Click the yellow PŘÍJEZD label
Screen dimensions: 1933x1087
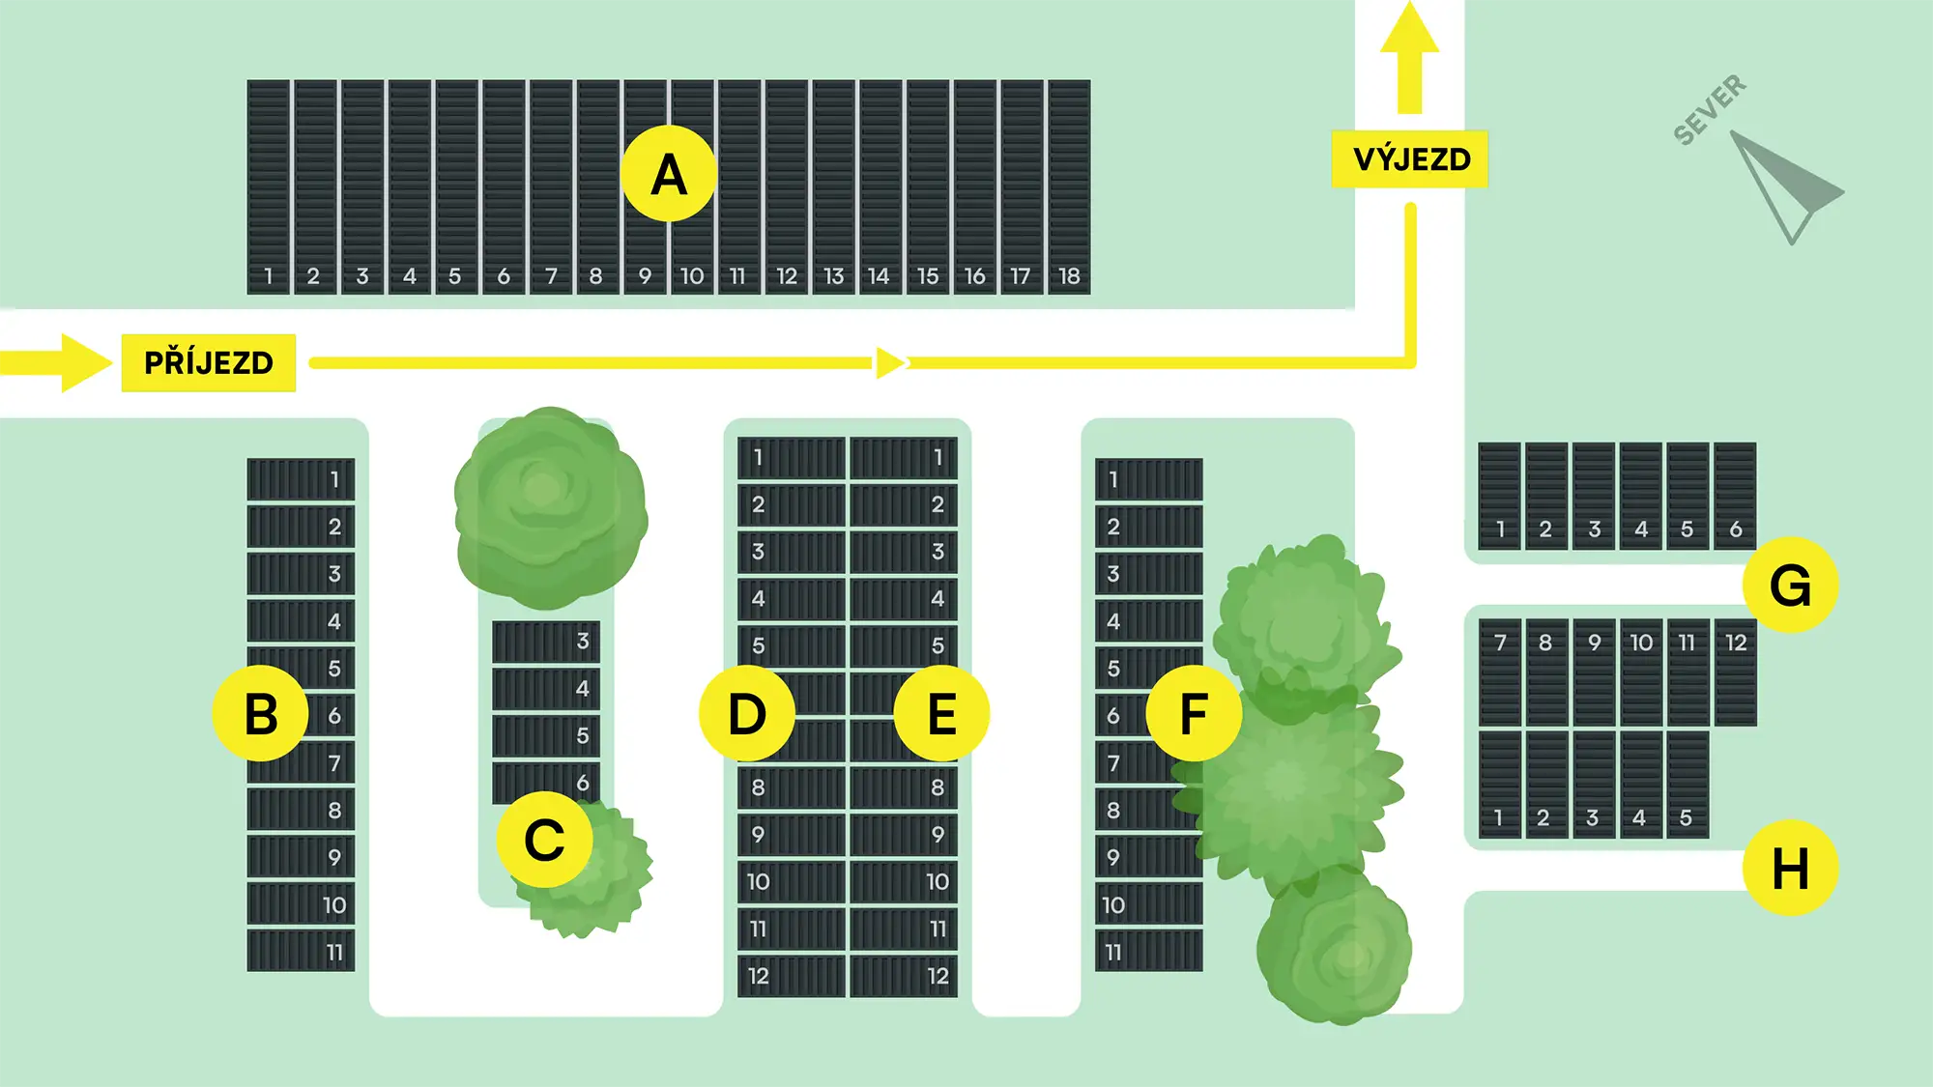click(x=208, y=362)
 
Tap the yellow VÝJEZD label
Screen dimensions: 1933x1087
click(x=1410, y=158)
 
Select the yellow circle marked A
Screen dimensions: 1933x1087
click(x=668, y=175)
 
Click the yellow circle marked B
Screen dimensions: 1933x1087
click(x=260, y=714)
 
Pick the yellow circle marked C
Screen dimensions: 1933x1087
click(x=544, y=839)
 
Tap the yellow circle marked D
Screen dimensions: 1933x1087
click(x=746, y=714)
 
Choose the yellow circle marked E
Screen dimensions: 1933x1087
click(x=941, y=714)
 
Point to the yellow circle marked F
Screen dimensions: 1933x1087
click(x=1194, y=714)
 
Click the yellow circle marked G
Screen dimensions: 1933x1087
click(x=1790, y=586)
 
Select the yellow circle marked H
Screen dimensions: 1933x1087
click(x=1790, y=868)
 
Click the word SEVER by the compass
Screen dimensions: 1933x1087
click(x=1709, y=109)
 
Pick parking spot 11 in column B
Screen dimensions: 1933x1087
click(x=301, y=951)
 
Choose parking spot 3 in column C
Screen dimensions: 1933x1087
click(x=546, y=642)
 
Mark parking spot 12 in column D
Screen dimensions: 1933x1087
click(x=792, y=976)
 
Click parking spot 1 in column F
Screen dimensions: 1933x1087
click(x=1148, y=479)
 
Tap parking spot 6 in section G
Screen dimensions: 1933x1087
click(x=1735, y=496)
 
